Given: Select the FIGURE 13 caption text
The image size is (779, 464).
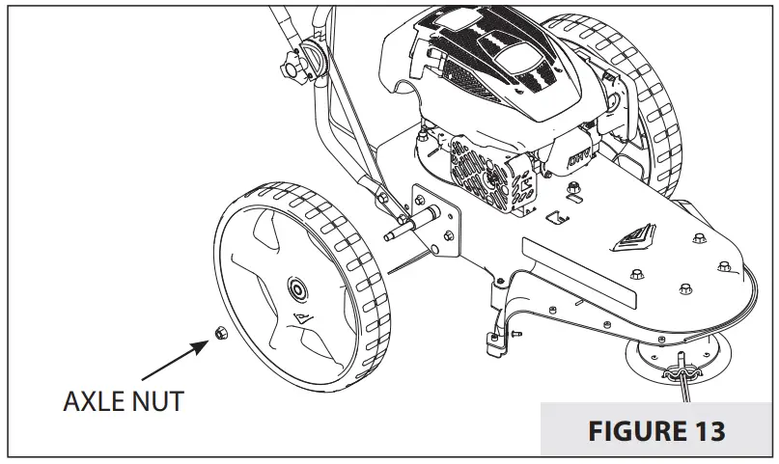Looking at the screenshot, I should (x=655, y=429).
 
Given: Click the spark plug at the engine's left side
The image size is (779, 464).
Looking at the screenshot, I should (x=425, y=145).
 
